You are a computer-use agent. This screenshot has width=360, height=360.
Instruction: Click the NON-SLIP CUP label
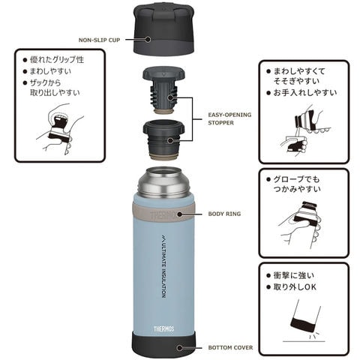point(99,40)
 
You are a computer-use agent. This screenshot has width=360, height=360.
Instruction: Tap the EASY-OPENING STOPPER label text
point(229,118)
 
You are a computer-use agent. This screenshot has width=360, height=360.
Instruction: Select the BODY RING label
point(224,214)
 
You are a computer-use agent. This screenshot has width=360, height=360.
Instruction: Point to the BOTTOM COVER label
point(230,347)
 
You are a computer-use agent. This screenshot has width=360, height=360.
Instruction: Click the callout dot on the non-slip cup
point(148,39)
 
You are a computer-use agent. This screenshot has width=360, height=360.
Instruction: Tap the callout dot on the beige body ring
point(179,214)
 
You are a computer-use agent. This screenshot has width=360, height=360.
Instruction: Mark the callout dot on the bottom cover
point(179,348)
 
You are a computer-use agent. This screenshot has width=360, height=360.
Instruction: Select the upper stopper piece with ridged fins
point(163,90)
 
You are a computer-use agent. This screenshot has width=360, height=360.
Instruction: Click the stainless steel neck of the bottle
point(163,181)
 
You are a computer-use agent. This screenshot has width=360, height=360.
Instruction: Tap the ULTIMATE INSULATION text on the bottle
point(163,266)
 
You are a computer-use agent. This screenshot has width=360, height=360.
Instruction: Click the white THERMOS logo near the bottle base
point(163,328)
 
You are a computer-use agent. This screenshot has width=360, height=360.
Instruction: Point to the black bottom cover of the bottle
point(163,346)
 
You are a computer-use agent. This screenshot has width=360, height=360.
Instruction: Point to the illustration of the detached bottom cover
point(304,321)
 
